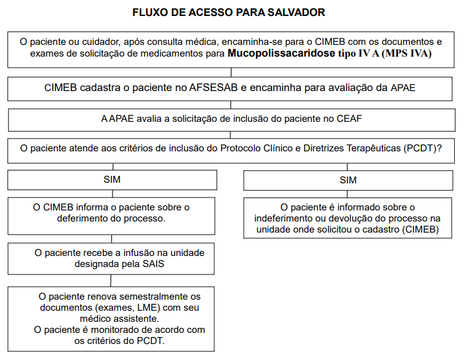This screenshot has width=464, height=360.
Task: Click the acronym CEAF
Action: pyautogui.click(x=350, y=119)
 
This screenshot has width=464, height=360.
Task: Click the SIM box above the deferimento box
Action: pyautogui.click(x=112, y=180)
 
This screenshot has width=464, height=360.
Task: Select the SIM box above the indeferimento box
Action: pyautogui.click(x=348, y=180)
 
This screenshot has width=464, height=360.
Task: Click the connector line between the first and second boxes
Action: pyautogui.click(x=231, y=71)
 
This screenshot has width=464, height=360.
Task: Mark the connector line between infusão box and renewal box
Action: pyautogui.click(x=111, y=280)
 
